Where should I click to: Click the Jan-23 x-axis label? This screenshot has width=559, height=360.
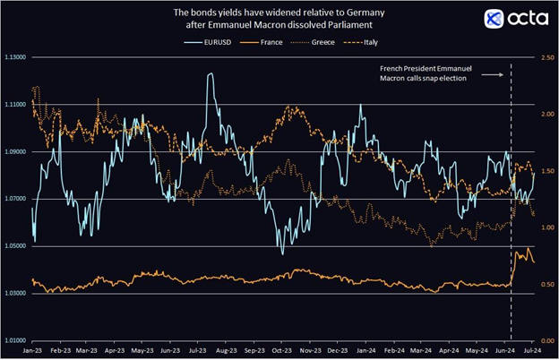pyautogui.click(x=31, y=351)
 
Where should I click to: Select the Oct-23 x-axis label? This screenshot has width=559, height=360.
pyautogui.click(x=282, y=351)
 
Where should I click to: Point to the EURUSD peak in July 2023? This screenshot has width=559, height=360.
pyautogui.click(x=211, y=75)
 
